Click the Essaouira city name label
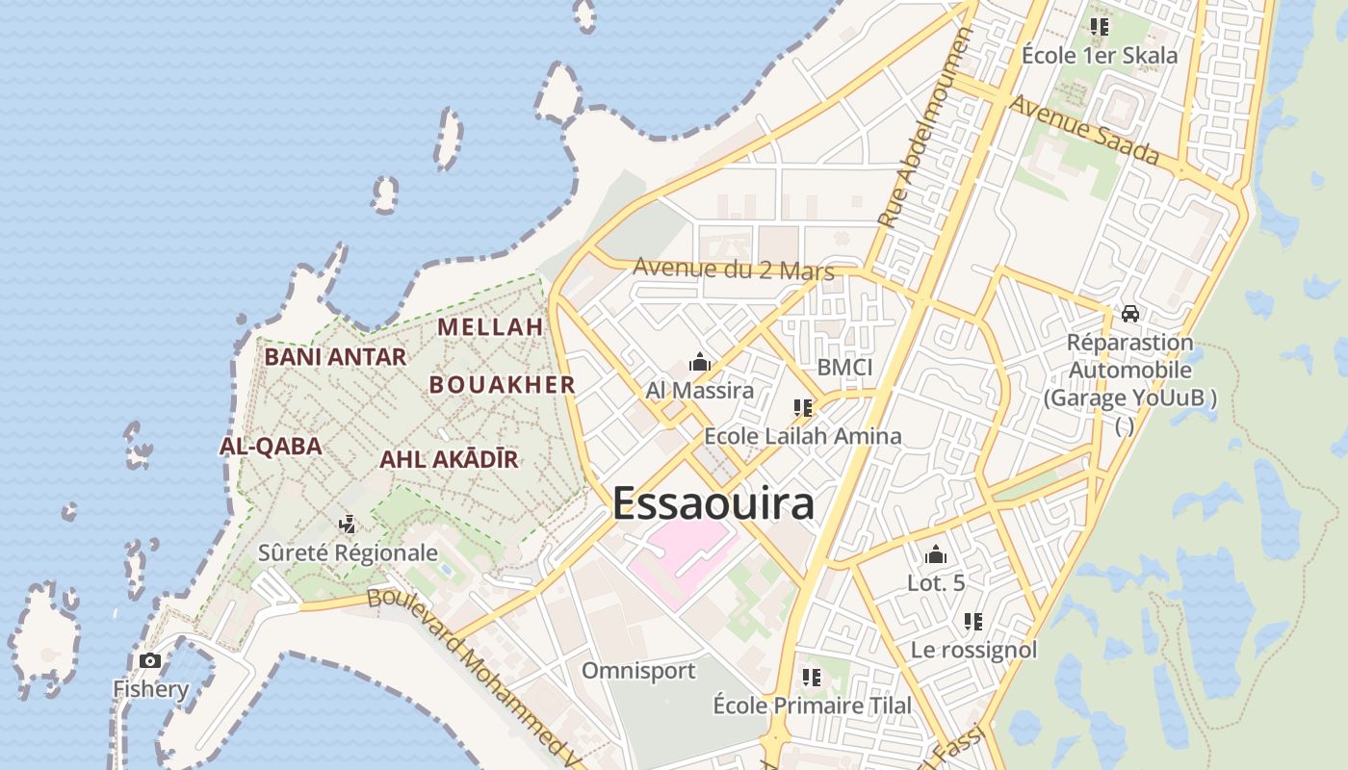pos(713,503)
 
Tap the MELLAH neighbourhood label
pos(490,327)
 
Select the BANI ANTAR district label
pos(335,357)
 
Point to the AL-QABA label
pos(271,447)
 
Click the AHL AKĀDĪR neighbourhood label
pos(449,460)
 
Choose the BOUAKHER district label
pos(502,385)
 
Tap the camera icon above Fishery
pos(150,660)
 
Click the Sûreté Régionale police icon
pos(348,525)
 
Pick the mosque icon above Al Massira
pos(700,363)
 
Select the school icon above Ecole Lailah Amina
pos(803,408)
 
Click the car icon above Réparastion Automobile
pos(1130,314)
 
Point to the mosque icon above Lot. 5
pos(936,554)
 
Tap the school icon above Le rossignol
pos(973,622)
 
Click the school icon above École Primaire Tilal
pos(812,678)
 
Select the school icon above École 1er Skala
pos(1100,27)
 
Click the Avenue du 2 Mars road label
pos(734,270)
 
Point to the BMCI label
pos(844,367)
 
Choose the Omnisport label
pos(638,671)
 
